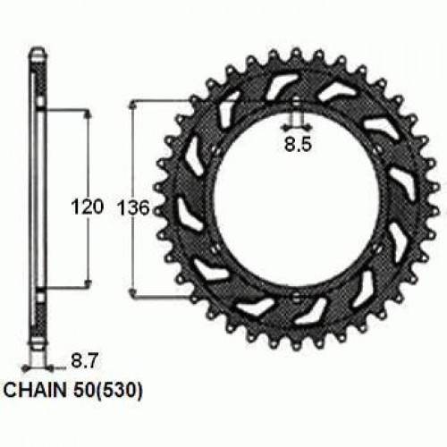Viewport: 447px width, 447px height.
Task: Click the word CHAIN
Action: click(x=37, y=390)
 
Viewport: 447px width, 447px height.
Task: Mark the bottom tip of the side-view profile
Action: click(x=37, y=350)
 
